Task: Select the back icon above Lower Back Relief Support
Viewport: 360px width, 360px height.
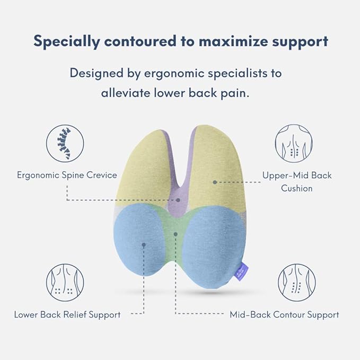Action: [x=65, y=283]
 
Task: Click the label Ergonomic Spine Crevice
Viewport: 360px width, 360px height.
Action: [x=67, y=175]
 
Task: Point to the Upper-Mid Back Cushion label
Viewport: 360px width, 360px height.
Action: [x=297, y=181]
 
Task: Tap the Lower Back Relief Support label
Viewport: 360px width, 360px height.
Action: [x=67, y=314]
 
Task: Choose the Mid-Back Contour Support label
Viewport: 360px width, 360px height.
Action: [x=284, y=314]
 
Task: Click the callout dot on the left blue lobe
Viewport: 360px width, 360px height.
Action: [x=143, y=244]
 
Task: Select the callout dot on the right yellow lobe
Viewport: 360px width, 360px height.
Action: [x=215, y=182]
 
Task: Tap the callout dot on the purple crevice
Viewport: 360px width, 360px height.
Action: [x=178, y=200]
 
